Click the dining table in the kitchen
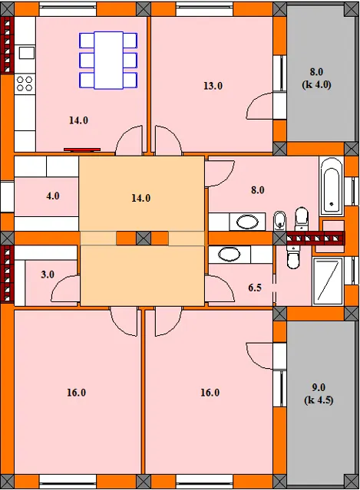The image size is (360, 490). (x=108, y=61)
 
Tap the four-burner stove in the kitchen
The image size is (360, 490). (x=25, y=84)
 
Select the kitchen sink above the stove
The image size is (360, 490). (x=27, y=53)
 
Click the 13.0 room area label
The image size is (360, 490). (x=213, y=86)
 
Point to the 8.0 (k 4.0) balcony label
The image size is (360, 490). (x=316, y=78)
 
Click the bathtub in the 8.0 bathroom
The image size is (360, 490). (x=332, y=186)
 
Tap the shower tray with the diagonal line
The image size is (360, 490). (x=328, y=281)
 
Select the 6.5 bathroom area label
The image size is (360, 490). (x=255, y=288)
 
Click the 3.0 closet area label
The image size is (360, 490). (x=48, y=275)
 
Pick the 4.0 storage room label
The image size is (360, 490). (x=53, y=196)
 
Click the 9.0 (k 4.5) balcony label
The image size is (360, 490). (x=319, y=393)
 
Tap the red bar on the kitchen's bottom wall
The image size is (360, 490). (x=82, y=150)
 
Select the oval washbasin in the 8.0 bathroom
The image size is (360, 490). (x=247, y=222)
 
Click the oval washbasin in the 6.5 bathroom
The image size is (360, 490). (x=230, y=254)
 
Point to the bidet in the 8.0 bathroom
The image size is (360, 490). (x=279, y=221)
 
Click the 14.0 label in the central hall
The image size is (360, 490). (x=140, y=198)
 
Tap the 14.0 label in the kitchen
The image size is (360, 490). (x=78, y=120)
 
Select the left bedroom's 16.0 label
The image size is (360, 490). (x=76, y=393)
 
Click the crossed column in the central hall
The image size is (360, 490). (x=144, y=238)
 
